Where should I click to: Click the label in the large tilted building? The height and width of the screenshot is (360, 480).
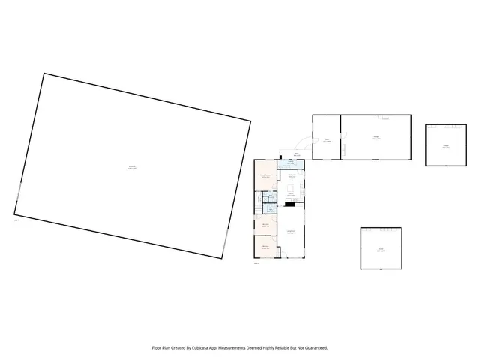132,167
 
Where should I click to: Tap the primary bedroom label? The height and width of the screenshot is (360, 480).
265,176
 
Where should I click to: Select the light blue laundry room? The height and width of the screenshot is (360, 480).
290,164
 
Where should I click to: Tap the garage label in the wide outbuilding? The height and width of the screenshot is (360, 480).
376,138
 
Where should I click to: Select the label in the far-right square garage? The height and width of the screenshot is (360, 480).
445,147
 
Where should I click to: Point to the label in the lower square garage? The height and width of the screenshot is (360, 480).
380,250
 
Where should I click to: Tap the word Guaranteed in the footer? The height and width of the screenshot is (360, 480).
313,347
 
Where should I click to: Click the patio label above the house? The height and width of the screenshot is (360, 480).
297,154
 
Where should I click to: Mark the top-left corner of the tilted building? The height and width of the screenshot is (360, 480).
44,73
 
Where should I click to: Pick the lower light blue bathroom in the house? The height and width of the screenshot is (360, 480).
272,209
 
